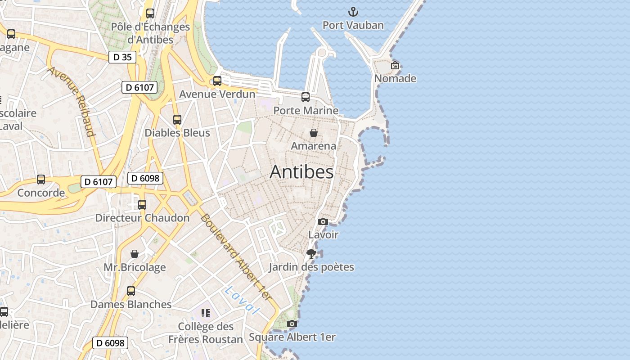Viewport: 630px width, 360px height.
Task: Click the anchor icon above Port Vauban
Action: click(x=353, y=12)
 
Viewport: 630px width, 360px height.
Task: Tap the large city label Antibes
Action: click(x=301, y=172)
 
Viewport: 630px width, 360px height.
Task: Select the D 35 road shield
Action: click(x=122, y=57)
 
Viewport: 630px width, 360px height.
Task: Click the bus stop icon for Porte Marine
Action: click(x=306, y=97)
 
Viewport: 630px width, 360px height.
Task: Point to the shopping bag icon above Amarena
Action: click(x=314, y=133)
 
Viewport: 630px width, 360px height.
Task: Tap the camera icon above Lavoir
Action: click(x=323, y=221)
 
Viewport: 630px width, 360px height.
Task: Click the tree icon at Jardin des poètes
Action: click(x=311, y=254)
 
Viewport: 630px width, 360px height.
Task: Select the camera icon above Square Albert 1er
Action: click(x=292, y=324)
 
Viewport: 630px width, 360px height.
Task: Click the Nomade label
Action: click(x=395, y=78)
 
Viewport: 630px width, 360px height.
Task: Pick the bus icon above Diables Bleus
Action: click(x=177, y=120)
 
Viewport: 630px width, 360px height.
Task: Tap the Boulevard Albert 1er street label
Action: click(x=236, y=257)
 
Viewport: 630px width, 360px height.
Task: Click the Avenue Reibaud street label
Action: click(x=72, y=101)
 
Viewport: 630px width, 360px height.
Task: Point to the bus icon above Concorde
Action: click(x=41, y=180)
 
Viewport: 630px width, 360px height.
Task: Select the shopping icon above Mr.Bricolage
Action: click(x=135, y=254)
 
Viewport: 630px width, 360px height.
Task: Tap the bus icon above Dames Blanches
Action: click(x=131, y=291)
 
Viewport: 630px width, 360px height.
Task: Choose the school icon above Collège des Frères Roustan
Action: click(x=206, y=313)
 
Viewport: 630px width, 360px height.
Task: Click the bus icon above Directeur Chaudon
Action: click(x=142, y=205)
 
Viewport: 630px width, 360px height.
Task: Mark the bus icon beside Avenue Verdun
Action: click(x=217, y=81)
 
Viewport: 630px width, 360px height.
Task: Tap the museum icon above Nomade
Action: click(x=395, y=65)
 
